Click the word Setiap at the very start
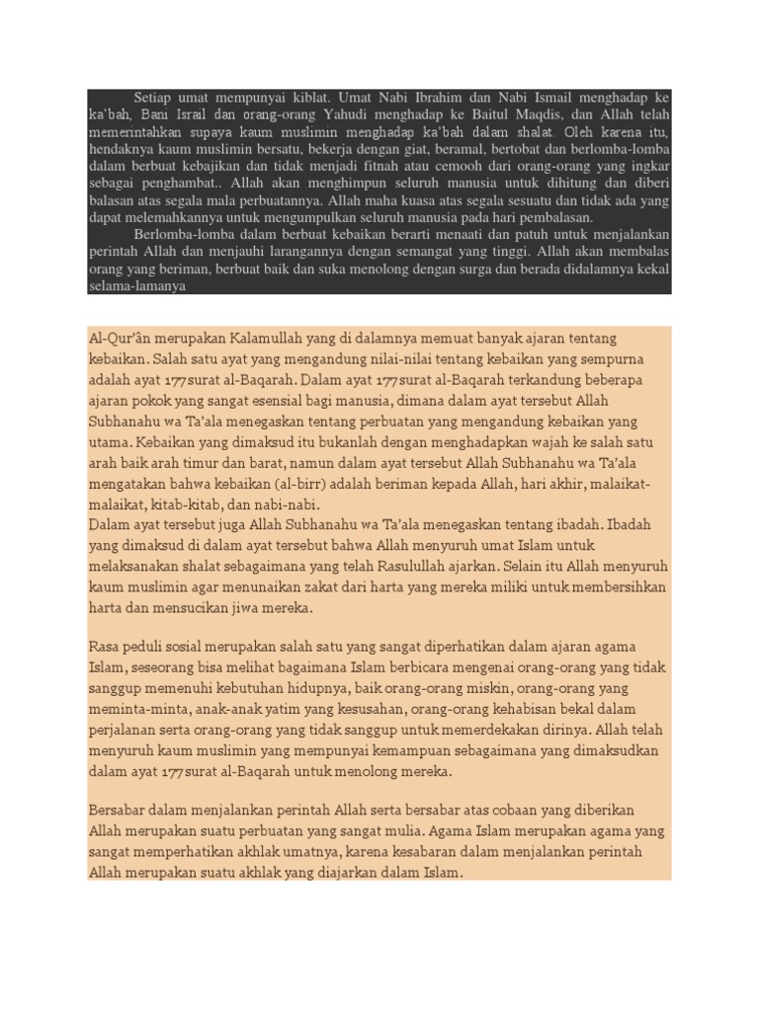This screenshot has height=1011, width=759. point(153,98)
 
